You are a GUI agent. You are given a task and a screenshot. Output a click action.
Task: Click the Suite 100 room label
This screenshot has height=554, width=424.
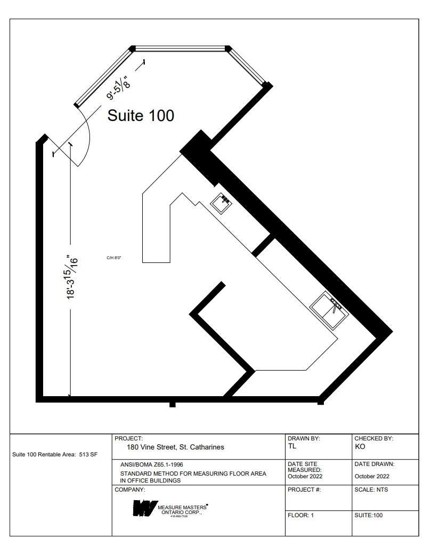click(x=141, y=115)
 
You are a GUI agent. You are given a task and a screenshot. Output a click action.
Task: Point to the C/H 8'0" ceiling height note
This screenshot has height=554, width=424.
click(x=114, y=258)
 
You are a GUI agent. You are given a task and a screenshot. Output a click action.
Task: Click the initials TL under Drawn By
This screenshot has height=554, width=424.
click(x=291, y=446)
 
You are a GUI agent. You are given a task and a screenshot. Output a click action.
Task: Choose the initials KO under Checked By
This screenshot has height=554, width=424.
click(x=360, y=446)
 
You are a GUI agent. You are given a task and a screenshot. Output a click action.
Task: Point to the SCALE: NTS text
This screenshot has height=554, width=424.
click(x=371, y=489)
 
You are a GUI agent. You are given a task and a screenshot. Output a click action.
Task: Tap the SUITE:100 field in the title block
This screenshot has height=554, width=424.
click(x=369, y=515)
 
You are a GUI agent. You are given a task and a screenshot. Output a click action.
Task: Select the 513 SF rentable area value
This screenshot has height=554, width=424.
click(x=87, y=455)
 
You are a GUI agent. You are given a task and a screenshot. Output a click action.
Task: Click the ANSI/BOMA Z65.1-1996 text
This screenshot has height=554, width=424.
click(x=152, y=465)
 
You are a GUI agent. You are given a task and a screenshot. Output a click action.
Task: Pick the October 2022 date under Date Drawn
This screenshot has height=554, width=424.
click(x=372, y=476)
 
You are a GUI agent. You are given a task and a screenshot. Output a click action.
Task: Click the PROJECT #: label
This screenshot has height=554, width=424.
click(x=304, y=489)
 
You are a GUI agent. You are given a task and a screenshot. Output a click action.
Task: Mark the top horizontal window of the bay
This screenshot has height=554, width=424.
click(x=181, y=49)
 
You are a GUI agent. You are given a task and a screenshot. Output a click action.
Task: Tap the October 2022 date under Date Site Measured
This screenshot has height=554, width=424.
click(x=305, y=476)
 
